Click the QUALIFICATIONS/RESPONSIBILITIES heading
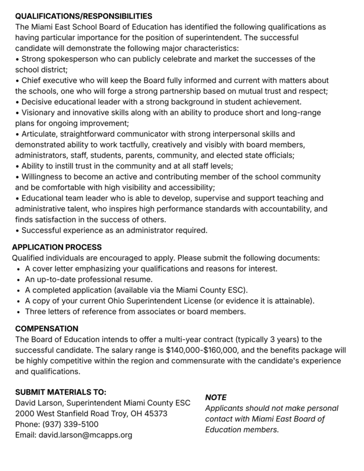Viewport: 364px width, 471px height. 84,16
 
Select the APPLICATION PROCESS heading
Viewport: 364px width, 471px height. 57,247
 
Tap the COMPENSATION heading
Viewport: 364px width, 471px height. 47,328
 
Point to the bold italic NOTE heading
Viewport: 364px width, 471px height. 216,397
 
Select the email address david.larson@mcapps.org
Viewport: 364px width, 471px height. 85,435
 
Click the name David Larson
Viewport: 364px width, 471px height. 38,403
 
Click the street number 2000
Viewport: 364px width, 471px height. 25,413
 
